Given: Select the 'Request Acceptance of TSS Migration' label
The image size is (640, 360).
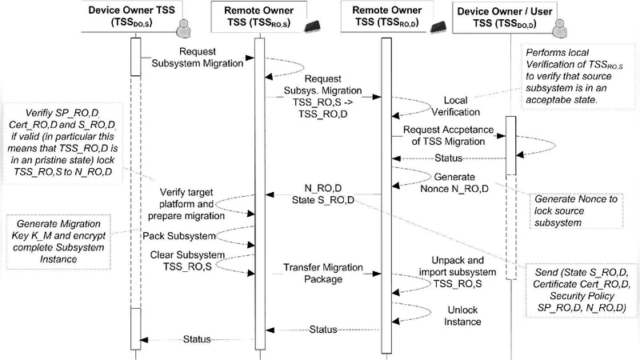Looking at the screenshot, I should (444, 134).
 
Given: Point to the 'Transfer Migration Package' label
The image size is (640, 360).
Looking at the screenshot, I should (314, 274).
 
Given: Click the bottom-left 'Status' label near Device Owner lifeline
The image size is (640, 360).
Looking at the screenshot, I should (197, 339).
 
